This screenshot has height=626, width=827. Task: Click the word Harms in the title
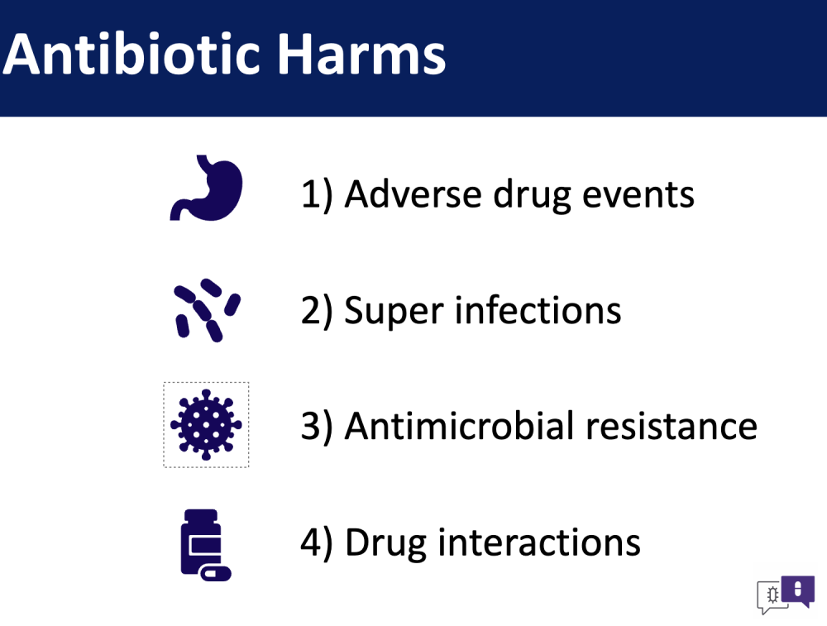tap(362, 55)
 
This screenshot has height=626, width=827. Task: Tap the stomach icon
tap(206, 188)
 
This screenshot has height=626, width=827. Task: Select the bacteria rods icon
tap(207, 310)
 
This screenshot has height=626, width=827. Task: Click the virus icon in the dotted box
tap(206, 424)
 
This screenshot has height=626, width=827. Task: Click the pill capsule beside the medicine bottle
tap(216, 573)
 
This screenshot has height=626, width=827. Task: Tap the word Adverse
tap(413, 194)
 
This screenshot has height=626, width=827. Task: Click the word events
tap(638, 195)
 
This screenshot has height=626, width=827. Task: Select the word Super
tap(394, 312)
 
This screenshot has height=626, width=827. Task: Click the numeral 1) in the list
tap(317, 195)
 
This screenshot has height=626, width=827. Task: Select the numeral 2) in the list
tap(317, 311)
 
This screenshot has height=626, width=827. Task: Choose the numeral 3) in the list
tap(317, 427)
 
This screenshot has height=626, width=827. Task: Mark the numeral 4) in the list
tap(317, 542)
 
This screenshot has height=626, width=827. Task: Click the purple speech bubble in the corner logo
tap(798, 590)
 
